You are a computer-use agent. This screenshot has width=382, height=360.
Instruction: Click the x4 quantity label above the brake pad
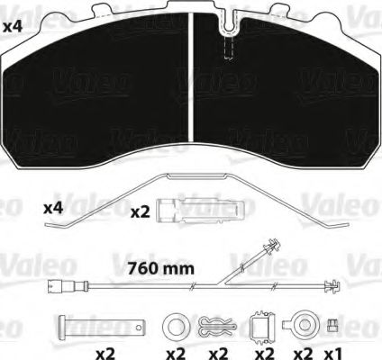click(13, 27)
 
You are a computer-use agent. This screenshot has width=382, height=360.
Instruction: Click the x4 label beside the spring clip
click(53, 208)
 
